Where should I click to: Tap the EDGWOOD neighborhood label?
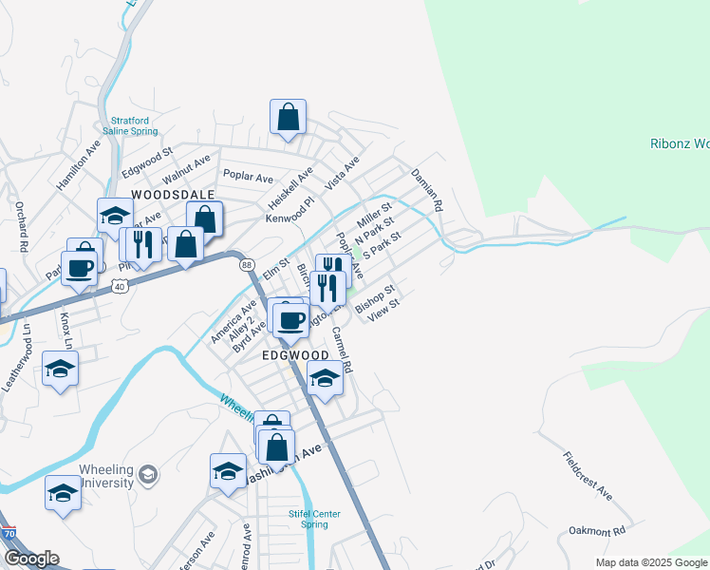(x=294, y=354)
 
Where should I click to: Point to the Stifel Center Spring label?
(x=314, y=519)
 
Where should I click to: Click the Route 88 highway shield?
(x=247, y=264)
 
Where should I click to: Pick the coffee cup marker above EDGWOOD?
(x=290, y=319)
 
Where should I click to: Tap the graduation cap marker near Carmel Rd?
(x=325, y=379)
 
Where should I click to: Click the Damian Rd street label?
(x=427, y=190)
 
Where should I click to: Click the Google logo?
(x=30, y=559)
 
